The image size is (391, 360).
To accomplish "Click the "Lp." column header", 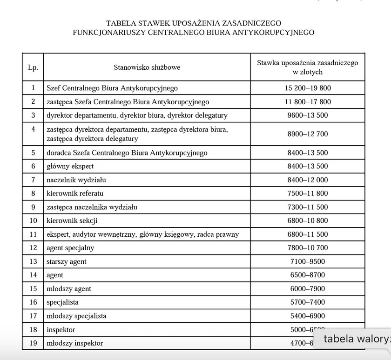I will point(33,67).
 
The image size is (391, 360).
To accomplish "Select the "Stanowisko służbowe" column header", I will point(147,67).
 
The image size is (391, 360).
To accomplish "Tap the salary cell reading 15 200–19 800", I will point(307,87).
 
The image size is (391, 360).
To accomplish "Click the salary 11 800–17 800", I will point(307,102).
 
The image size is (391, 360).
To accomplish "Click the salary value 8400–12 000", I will point(307,180).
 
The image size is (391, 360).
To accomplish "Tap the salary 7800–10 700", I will point(307,248).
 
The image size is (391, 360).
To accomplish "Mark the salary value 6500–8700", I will point(307,275).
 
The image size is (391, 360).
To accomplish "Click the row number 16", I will point(33,302).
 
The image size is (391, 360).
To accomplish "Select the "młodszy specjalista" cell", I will point(76,316).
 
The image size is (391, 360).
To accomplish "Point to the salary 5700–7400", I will point(307,302).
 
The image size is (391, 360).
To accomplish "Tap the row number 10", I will point(33,220).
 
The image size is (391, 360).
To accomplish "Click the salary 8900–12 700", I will point(307,134).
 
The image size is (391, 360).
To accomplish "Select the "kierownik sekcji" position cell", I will point(72,220).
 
